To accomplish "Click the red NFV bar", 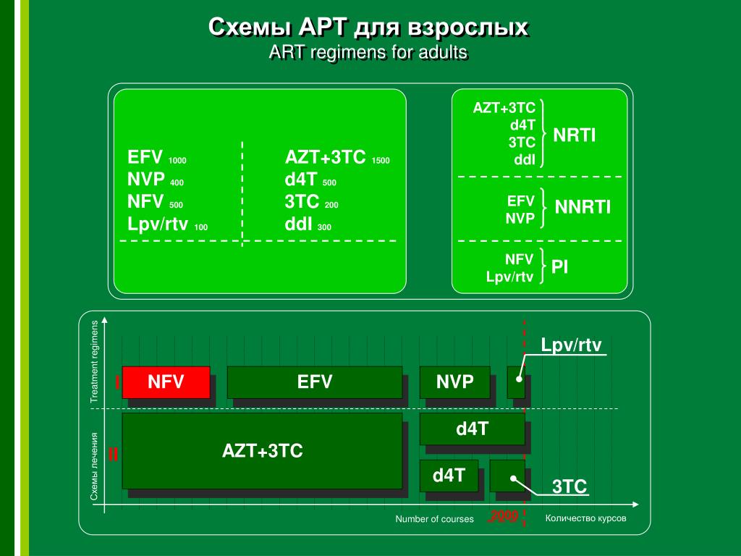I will click(x=166, y=382).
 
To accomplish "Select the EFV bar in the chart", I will click(x=314, y=382).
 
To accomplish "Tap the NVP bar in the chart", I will click(x=454, y=382).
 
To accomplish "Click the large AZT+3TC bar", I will click(x=262, y=451).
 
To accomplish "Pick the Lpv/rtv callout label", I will click(x=572, y=345).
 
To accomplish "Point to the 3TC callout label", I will click(x=569, y=486).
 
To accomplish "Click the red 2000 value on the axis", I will click(x=504, y=516).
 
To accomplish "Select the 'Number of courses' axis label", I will click(x=434, y=519).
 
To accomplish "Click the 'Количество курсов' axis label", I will click(x=585, y=518).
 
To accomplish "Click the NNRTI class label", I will click(x=583, y=208).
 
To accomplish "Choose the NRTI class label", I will click(x=575, y=135).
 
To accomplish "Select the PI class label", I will click(x=559, y=267).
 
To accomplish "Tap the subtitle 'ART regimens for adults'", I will click(x=368, y=53).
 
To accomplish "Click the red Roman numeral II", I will click(x=113, y=455).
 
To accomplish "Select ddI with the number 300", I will click(x=308, y=224).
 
